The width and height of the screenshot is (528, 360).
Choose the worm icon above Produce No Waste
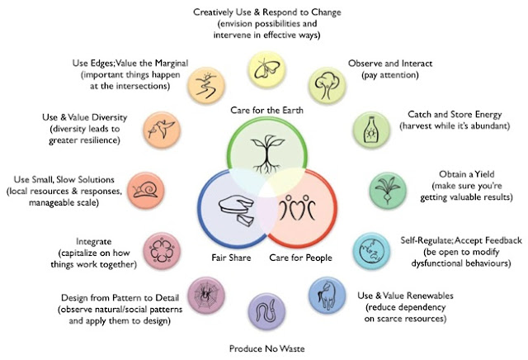(x=265, y=311)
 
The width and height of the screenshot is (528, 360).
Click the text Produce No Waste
(x=265, y=348)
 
